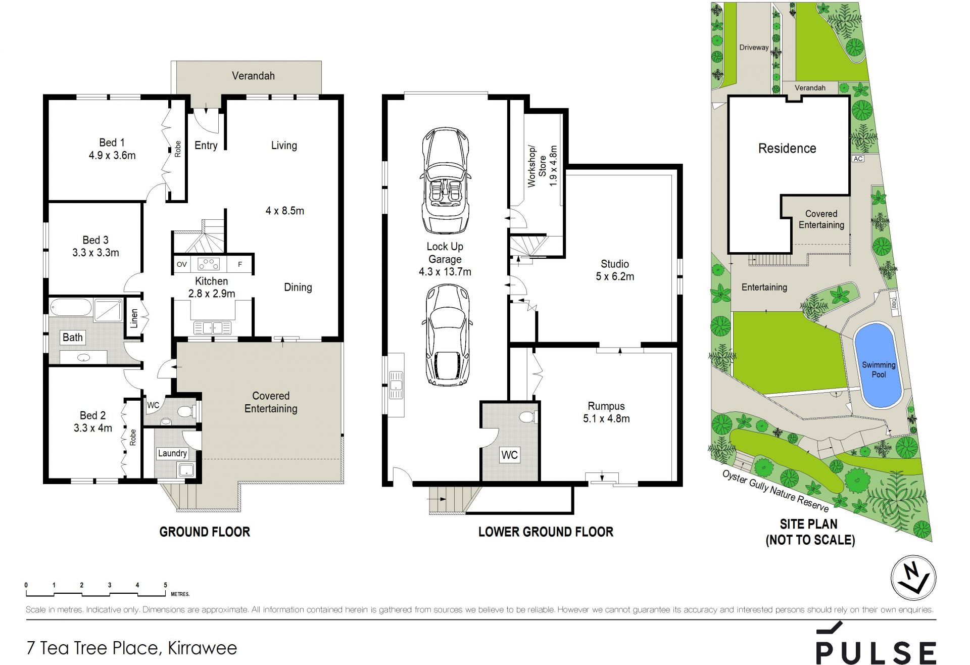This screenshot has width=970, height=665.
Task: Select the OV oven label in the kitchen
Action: pos(182,264)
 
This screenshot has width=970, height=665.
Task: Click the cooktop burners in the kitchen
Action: pos(208,264)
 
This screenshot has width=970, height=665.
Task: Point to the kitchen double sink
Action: pos(213,327)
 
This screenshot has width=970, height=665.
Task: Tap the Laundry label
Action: pos(172,453)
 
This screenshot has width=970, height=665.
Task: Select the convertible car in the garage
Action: pos(445,180)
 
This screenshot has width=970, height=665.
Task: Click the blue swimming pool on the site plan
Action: pos(878,365)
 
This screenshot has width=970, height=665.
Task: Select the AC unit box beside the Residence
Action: pos(858,159)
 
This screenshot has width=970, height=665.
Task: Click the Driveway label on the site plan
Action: pos(754,47)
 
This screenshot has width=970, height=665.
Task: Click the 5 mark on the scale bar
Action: pos(165,585)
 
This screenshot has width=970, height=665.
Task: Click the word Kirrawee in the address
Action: pos(202,648)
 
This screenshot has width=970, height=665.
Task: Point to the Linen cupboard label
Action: pos(134,319)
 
